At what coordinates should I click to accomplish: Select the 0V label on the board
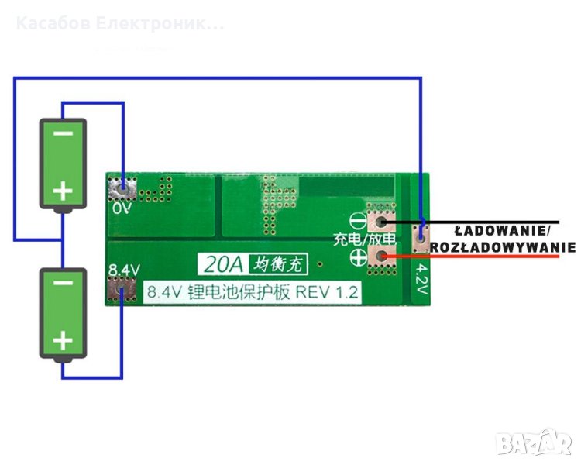(x=122, y=208)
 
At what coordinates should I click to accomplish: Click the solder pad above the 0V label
(x=123, y=187)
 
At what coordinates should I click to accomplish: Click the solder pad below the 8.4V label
(x=123, y=291)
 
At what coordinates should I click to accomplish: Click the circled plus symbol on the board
(x=359, y=261)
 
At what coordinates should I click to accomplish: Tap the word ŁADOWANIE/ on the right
(x=502, y=230)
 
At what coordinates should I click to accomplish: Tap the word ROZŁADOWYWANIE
(x=503, y=247)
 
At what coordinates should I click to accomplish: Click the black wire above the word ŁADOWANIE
(x=480, y=221)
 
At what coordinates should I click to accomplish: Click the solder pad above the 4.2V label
(x=421, y=236)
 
